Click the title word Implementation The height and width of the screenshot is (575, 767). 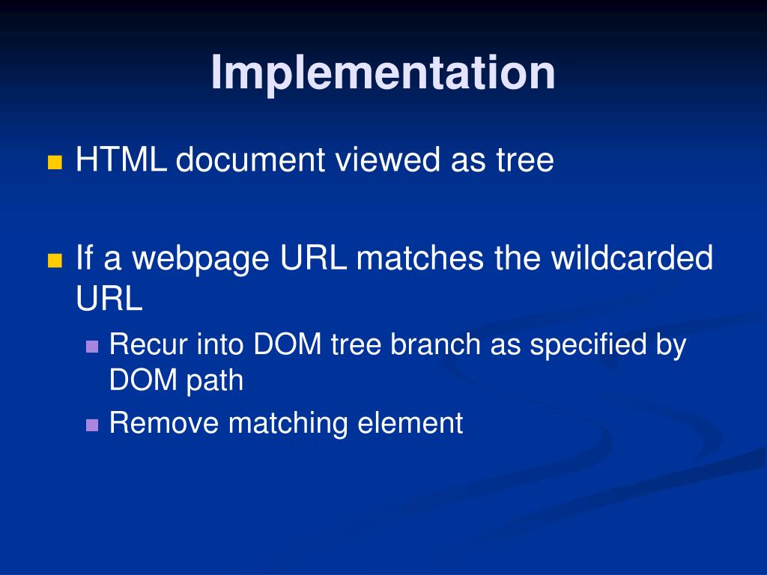coord(383,73)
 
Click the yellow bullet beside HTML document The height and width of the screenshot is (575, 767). coord(54,162)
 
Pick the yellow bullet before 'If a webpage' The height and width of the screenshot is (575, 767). coord(54,261)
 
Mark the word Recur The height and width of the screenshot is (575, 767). coord(149,345)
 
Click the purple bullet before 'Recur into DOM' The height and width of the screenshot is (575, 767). coord(92,347)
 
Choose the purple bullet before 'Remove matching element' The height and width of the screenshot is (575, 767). coord(92,425)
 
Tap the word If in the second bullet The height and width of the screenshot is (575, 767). coord(85,259)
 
